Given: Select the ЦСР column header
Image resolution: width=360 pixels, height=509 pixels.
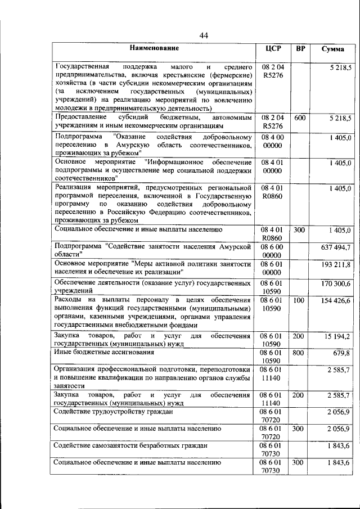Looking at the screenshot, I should tap(273, 49).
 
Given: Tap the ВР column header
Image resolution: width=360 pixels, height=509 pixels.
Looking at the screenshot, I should tap(300, 49).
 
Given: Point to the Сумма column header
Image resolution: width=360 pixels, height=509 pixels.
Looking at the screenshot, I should tap(333, 49).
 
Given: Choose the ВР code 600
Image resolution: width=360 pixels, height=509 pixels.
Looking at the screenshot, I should tap(300, 118).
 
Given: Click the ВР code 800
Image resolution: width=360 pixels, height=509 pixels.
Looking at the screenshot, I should tap(300, 353).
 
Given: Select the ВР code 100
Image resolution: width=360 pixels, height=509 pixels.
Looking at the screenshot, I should tap(300, 301).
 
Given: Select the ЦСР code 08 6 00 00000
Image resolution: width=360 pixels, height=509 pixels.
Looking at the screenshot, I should tap(272, 251).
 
